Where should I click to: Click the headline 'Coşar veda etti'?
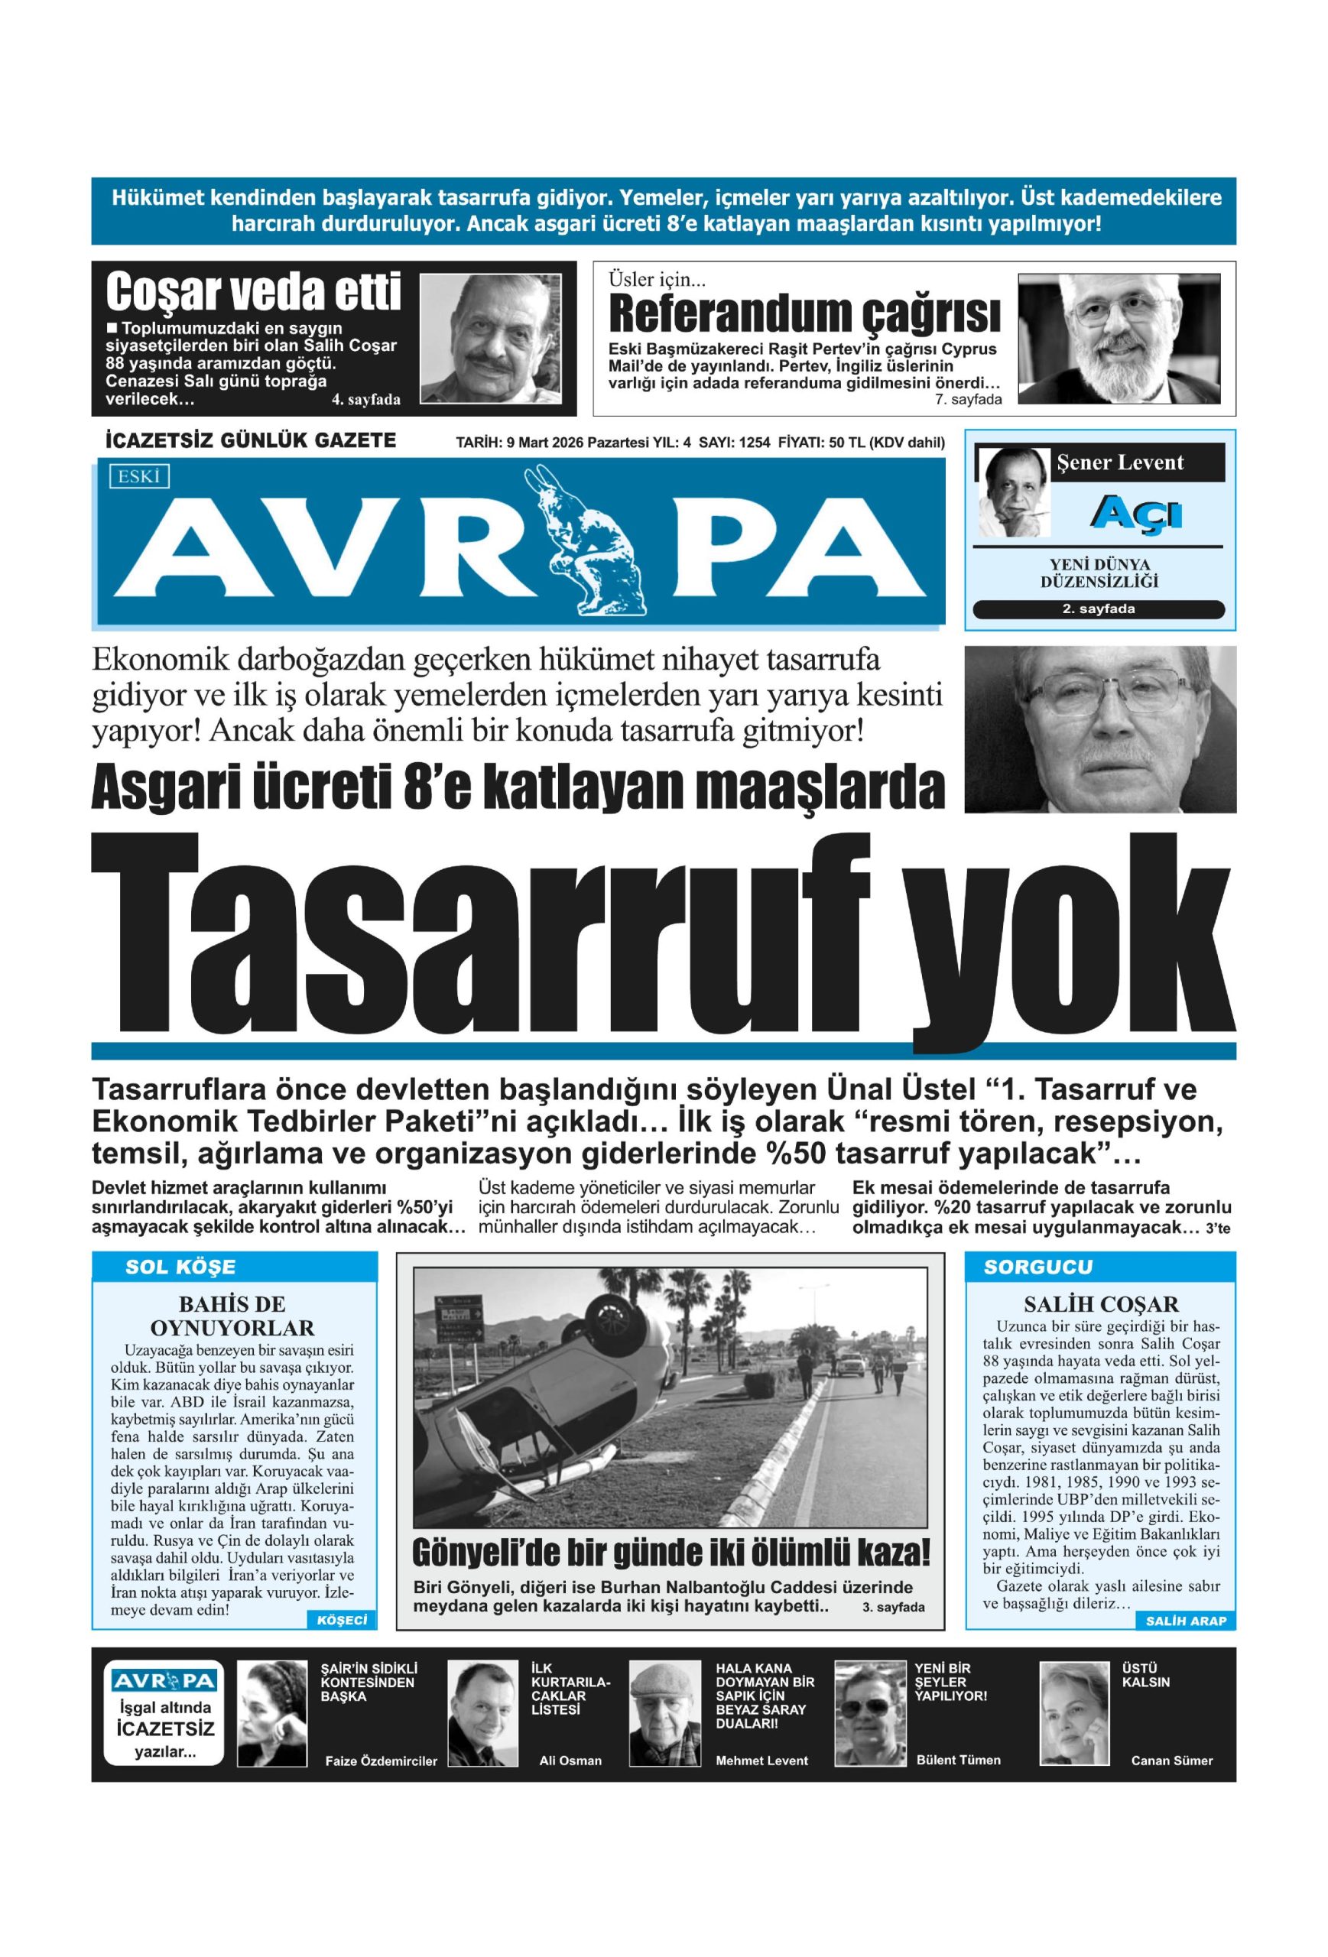(252, 292)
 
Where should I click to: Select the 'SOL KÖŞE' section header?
(180, 1267)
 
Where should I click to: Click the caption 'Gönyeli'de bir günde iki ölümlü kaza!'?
(671, 1552)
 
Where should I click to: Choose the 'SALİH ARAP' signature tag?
(1185, 1621)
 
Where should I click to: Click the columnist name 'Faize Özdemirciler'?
(381, 1761)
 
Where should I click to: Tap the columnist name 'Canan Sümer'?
(1171, 1761)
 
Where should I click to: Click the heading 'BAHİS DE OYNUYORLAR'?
(232, 1316)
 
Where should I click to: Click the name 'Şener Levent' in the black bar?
(1120, 462)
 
